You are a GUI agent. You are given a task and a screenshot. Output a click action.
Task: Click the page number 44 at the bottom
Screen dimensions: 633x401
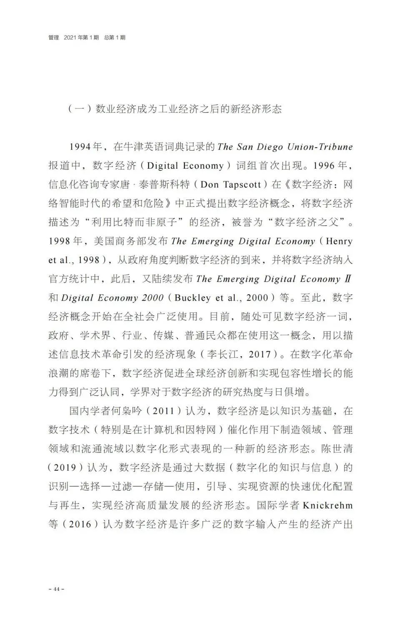point(56,589)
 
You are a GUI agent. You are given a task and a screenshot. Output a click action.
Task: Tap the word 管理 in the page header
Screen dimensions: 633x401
point(54,38)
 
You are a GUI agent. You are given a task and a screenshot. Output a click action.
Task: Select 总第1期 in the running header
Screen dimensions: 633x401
point(115,38)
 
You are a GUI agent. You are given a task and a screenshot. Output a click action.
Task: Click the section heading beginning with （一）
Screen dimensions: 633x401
point(175,109)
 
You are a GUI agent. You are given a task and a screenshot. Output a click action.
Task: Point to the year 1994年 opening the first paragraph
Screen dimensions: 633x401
point(86,147)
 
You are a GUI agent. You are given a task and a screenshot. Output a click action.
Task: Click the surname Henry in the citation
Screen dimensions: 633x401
point(339,241)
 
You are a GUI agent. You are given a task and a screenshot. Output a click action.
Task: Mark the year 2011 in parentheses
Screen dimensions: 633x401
point(163,411)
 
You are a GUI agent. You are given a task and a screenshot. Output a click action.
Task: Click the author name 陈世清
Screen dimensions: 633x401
point(337,448)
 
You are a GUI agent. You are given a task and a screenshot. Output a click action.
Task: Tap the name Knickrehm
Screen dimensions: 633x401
point(328,505)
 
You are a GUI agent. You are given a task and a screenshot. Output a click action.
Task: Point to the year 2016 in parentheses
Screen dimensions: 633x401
point(80,524)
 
